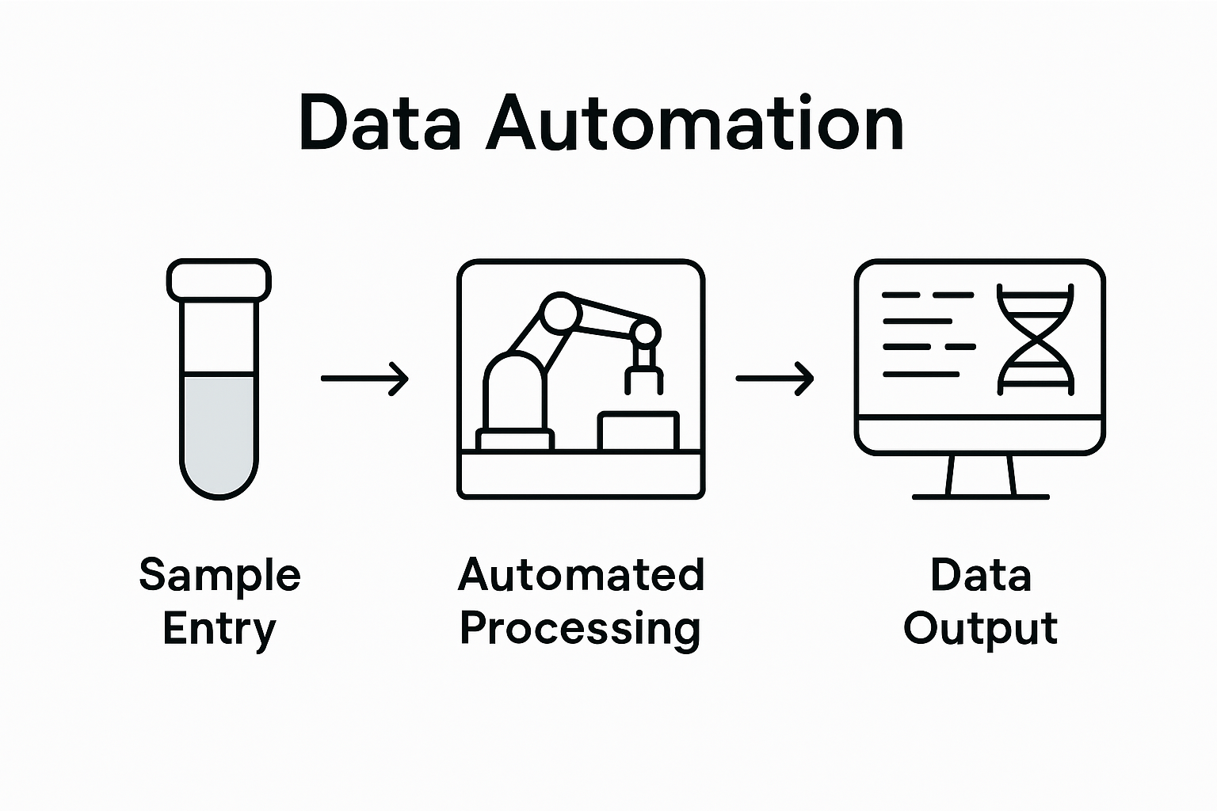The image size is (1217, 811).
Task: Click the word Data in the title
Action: [x=379, y=124]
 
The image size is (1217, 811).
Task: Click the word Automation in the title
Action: [x=695, y=124]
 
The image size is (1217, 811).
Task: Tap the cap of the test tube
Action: [x=219, y=280]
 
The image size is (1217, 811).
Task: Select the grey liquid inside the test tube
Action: [x=219, y=432]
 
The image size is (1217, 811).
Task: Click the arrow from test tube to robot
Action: [x=364, y=379]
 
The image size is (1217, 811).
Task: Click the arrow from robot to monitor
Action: [x=774, y=379]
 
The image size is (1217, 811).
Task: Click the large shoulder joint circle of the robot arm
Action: [x=561, y=313]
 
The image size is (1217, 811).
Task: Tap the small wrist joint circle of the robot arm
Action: [x=645, y=333]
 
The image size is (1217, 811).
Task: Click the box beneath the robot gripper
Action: [x=639, y=431]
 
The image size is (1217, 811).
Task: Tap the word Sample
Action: [x=219, y=574]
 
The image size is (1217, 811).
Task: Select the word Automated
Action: [x=581, y=574]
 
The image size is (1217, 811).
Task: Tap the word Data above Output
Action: [x=980, y=574]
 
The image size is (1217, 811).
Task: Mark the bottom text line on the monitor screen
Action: [x=921, y=374]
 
